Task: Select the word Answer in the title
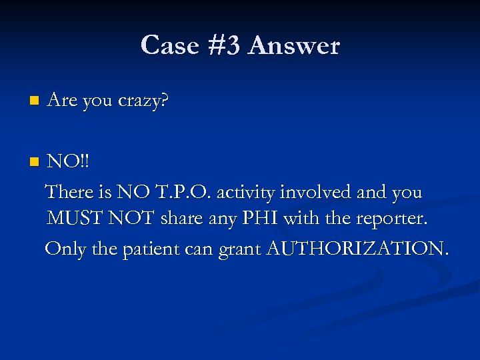tap(294, 45)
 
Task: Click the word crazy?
tap(143, 101)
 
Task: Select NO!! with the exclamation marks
tap(69, 162)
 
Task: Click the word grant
tap(241, 248)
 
